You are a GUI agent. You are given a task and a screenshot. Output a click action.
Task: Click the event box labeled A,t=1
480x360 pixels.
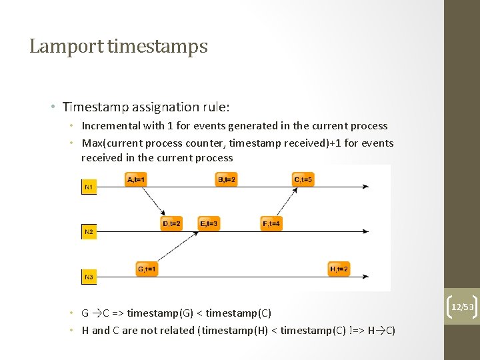pos(136,179)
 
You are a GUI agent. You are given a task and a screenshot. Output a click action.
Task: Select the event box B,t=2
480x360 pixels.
pos(227,179)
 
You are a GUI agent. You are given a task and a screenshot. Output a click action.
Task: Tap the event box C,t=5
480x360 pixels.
pos(303,179)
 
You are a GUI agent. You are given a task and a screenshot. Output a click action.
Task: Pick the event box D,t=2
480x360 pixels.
pos(171,224)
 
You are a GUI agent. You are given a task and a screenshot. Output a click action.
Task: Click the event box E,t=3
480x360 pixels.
pos(209,224)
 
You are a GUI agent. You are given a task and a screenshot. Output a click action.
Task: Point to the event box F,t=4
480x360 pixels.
pos(271,224)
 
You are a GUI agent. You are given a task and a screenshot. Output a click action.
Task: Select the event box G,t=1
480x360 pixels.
pos(147,269)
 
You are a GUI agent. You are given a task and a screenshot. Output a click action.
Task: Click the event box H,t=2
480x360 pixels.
pos(339,269)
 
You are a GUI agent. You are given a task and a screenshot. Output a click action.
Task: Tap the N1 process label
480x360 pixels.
pos(89,188)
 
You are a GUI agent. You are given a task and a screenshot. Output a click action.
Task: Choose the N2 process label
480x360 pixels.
pos(89,232)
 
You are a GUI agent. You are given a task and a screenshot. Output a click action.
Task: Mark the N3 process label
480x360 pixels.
pos(89,276)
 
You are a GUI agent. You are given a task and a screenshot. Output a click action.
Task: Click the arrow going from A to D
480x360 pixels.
pos(154,201)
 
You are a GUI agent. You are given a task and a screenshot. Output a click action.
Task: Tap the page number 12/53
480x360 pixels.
pos(462,307)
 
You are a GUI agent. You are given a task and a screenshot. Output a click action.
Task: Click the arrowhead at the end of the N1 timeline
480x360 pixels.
pos(365,187)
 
